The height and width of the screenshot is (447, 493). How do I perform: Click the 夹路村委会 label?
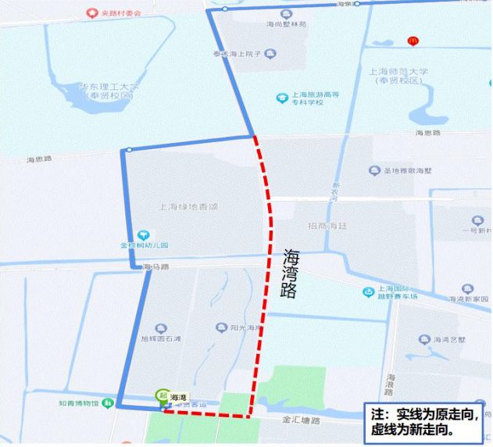114,13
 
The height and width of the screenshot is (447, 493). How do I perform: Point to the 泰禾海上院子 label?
238,54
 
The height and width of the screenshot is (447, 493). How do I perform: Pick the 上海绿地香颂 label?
187,207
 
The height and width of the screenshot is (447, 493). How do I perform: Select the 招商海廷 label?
327,226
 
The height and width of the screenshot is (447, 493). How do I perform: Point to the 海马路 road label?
156,267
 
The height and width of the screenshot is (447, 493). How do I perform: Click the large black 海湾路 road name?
291,274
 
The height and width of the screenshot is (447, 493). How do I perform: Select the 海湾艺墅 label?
448,339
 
